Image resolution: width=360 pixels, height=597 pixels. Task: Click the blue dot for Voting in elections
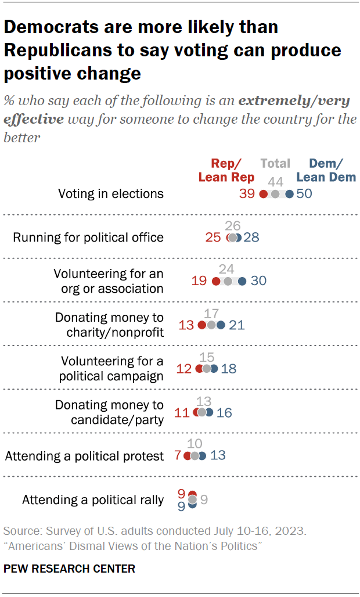point(289,194)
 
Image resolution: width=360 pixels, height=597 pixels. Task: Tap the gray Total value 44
point(275,181)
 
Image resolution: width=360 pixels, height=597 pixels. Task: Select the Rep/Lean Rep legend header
point(226,170)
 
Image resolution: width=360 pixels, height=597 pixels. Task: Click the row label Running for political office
point(88,238)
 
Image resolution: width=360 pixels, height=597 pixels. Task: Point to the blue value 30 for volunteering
point(258,281)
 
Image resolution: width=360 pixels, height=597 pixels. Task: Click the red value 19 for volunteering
point(200,281)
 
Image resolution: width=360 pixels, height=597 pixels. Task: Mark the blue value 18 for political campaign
point(228,369)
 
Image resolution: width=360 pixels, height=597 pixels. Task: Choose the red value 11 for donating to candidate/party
point(182,413)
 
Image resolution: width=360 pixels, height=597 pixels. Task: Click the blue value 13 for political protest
point(218,456)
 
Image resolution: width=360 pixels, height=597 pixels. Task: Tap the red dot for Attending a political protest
point(188,456)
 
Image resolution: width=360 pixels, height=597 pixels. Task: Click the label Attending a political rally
point(93,500)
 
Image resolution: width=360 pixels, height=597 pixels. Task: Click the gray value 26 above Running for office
point(233,225)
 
